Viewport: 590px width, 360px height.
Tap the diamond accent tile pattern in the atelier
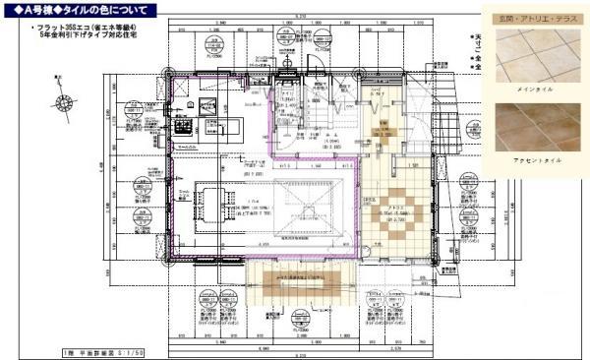point(398,210)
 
